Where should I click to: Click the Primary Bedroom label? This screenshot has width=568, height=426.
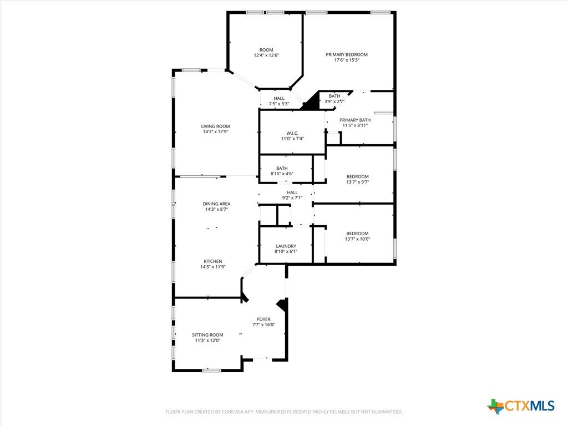point(347,55)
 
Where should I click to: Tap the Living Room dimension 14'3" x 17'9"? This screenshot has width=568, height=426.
point(216,132)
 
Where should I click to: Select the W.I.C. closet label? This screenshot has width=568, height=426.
point(292,133)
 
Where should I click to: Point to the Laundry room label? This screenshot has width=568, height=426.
point(286,246)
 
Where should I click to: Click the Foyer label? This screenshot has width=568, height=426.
point(263,319)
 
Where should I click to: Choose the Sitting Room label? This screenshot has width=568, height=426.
point(207,335)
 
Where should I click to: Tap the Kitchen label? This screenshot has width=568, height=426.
point(213,262)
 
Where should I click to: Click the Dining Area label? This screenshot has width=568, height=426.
point(217,204)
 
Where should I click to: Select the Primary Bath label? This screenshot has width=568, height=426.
point(355,120)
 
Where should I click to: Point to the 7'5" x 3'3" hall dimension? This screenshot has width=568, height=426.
point(279,104)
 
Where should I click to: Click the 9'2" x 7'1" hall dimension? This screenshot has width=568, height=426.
point(292,198)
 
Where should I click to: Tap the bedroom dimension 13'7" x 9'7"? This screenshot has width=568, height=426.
point(358,182)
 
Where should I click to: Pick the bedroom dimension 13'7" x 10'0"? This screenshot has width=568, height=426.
point(358,239)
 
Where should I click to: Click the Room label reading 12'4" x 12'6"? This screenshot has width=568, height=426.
point(266,50)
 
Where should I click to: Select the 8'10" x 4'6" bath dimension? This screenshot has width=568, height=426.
point(282,174)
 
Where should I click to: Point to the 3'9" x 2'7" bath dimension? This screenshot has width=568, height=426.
point(334,102)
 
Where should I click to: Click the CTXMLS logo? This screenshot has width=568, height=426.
point(520,406)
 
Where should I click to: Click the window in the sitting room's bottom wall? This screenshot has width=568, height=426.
point(211,370)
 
